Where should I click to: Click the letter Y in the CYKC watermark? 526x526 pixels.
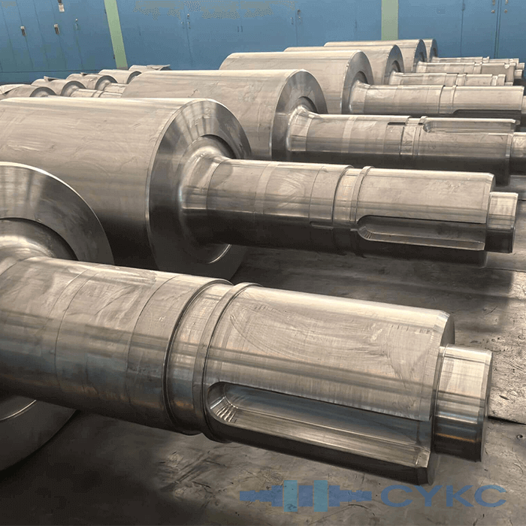coord(431,496)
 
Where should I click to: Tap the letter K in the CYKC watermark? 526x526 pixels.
coord(460,496)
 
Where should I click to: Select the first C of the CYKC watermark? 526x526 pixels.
coord(398,496)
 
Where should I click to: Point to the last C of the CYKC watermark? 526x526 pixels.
coord(491,496)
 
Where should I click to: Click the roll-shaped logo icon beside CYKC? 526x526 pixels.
coord(305,496)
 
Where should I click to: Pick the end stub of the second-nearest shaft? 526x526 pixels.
coord(500,222)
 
